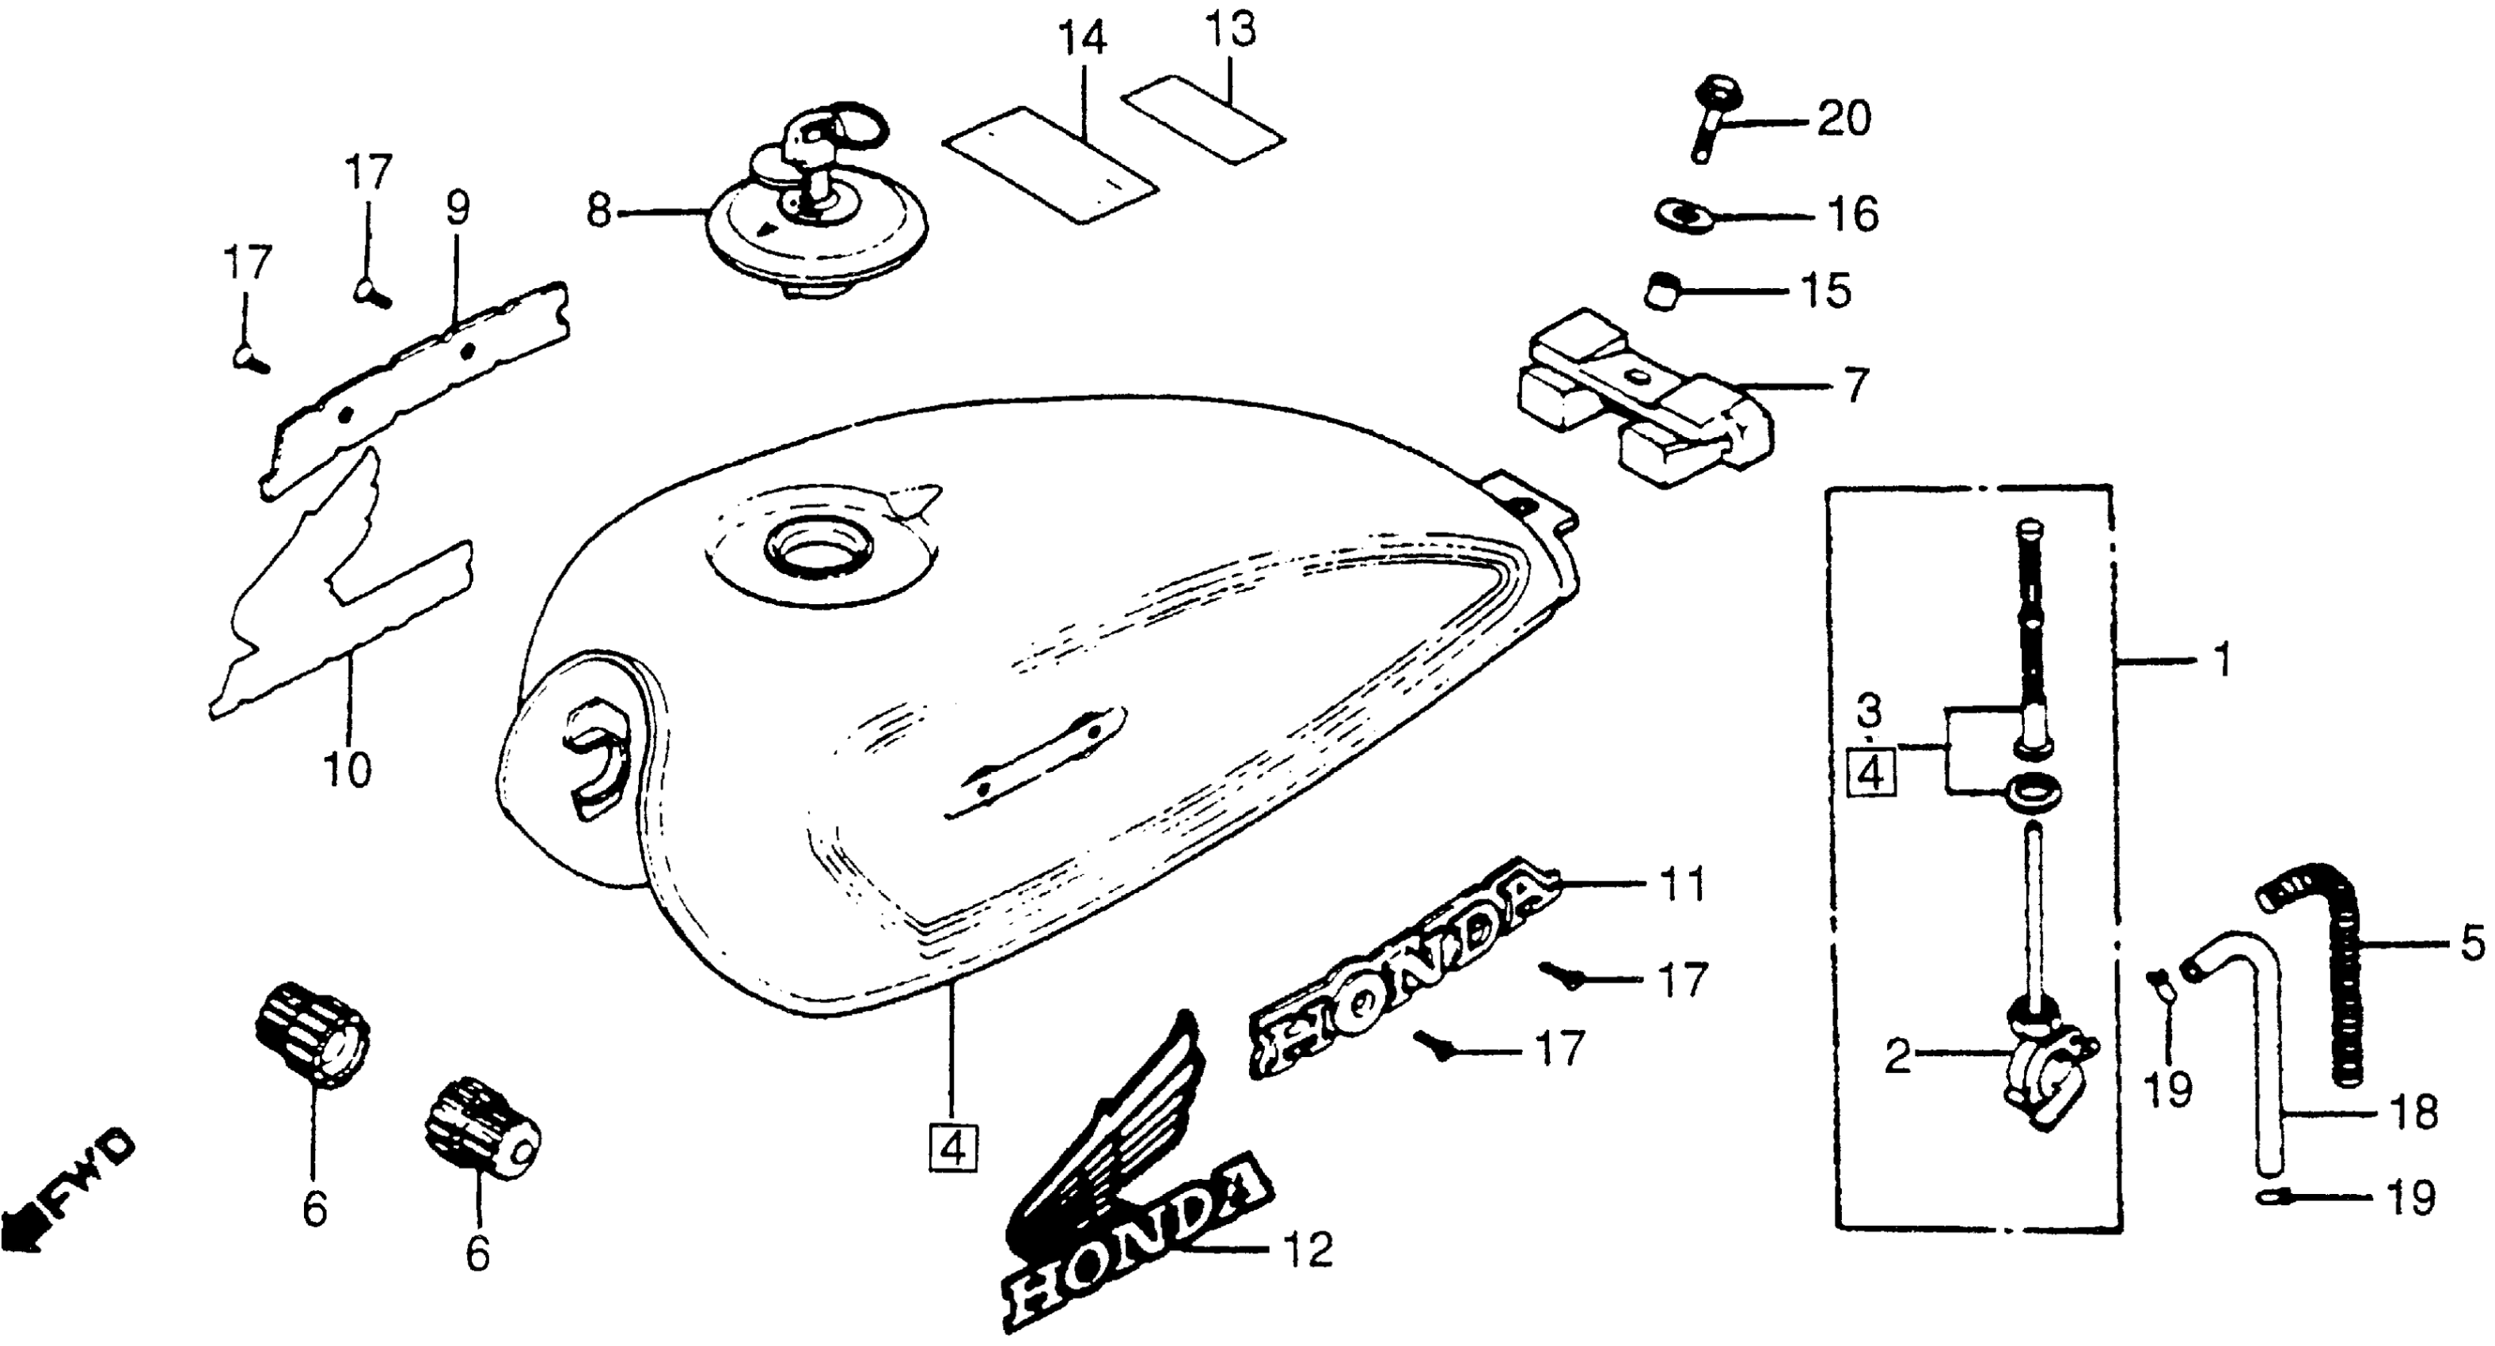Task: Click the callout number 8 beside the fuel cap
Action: (599, 211)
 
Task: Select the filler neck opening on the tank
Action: (819, 549)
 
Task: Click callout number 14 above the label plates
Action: (1081, 40)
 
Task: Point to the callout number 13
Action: (1231, 30)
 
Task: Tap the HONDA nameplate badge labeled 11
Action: (1404, 969)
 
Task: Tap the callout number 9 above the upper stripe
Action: (458, 208)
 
